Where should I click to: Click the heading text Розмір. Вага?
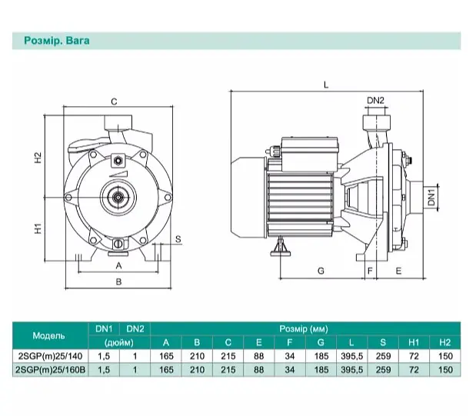57,41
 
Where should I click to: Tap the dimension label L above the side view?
326,85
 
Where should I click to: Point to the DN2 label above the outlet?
375,101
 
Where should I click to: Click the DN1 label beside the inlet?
431,197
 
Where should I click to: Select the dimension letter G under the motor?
321,271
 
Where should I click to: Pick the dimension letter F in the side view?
370,271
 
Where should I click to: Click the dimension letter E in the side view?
398,271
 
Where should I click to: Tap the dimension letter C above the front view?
114,102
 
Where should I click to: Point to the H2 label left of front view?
38,158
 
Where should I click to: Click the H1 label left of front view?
38,228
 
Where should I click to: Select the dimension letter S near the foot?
178,240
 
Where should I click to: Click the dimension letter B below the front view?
118,281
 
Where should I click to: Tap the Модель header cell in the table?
48,336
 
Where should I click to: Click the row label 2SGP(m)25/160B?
50,370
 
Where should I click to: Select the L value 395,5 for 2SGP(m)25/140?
352,356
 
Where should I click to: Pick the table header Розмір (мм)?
304,329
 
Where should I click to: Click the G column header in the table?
321,342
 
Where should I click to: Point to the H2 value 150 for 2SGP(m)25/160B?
445,370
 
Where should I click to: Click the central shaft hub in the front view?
118,198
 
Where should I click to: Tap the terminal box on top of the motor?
309,154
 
